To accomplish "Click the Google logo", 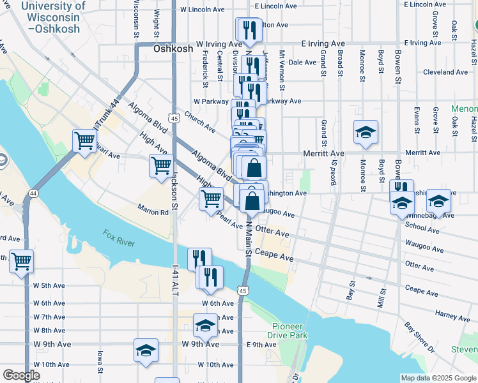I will coord(21,375).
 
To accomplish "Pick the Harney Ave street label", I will coord(452,315).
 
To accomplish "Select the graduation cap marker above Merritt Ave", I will coord(364,132).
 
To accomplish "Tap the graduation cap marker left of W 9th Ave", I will coord(146,350).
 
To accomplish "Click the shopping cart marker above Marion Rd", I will coord(211,199).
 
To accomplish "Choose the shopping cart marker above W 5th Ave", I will coord(21,260).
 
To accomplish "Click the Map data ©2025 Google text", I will coord(438,378).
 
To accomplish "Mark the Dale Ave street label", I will coord(303,63).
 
